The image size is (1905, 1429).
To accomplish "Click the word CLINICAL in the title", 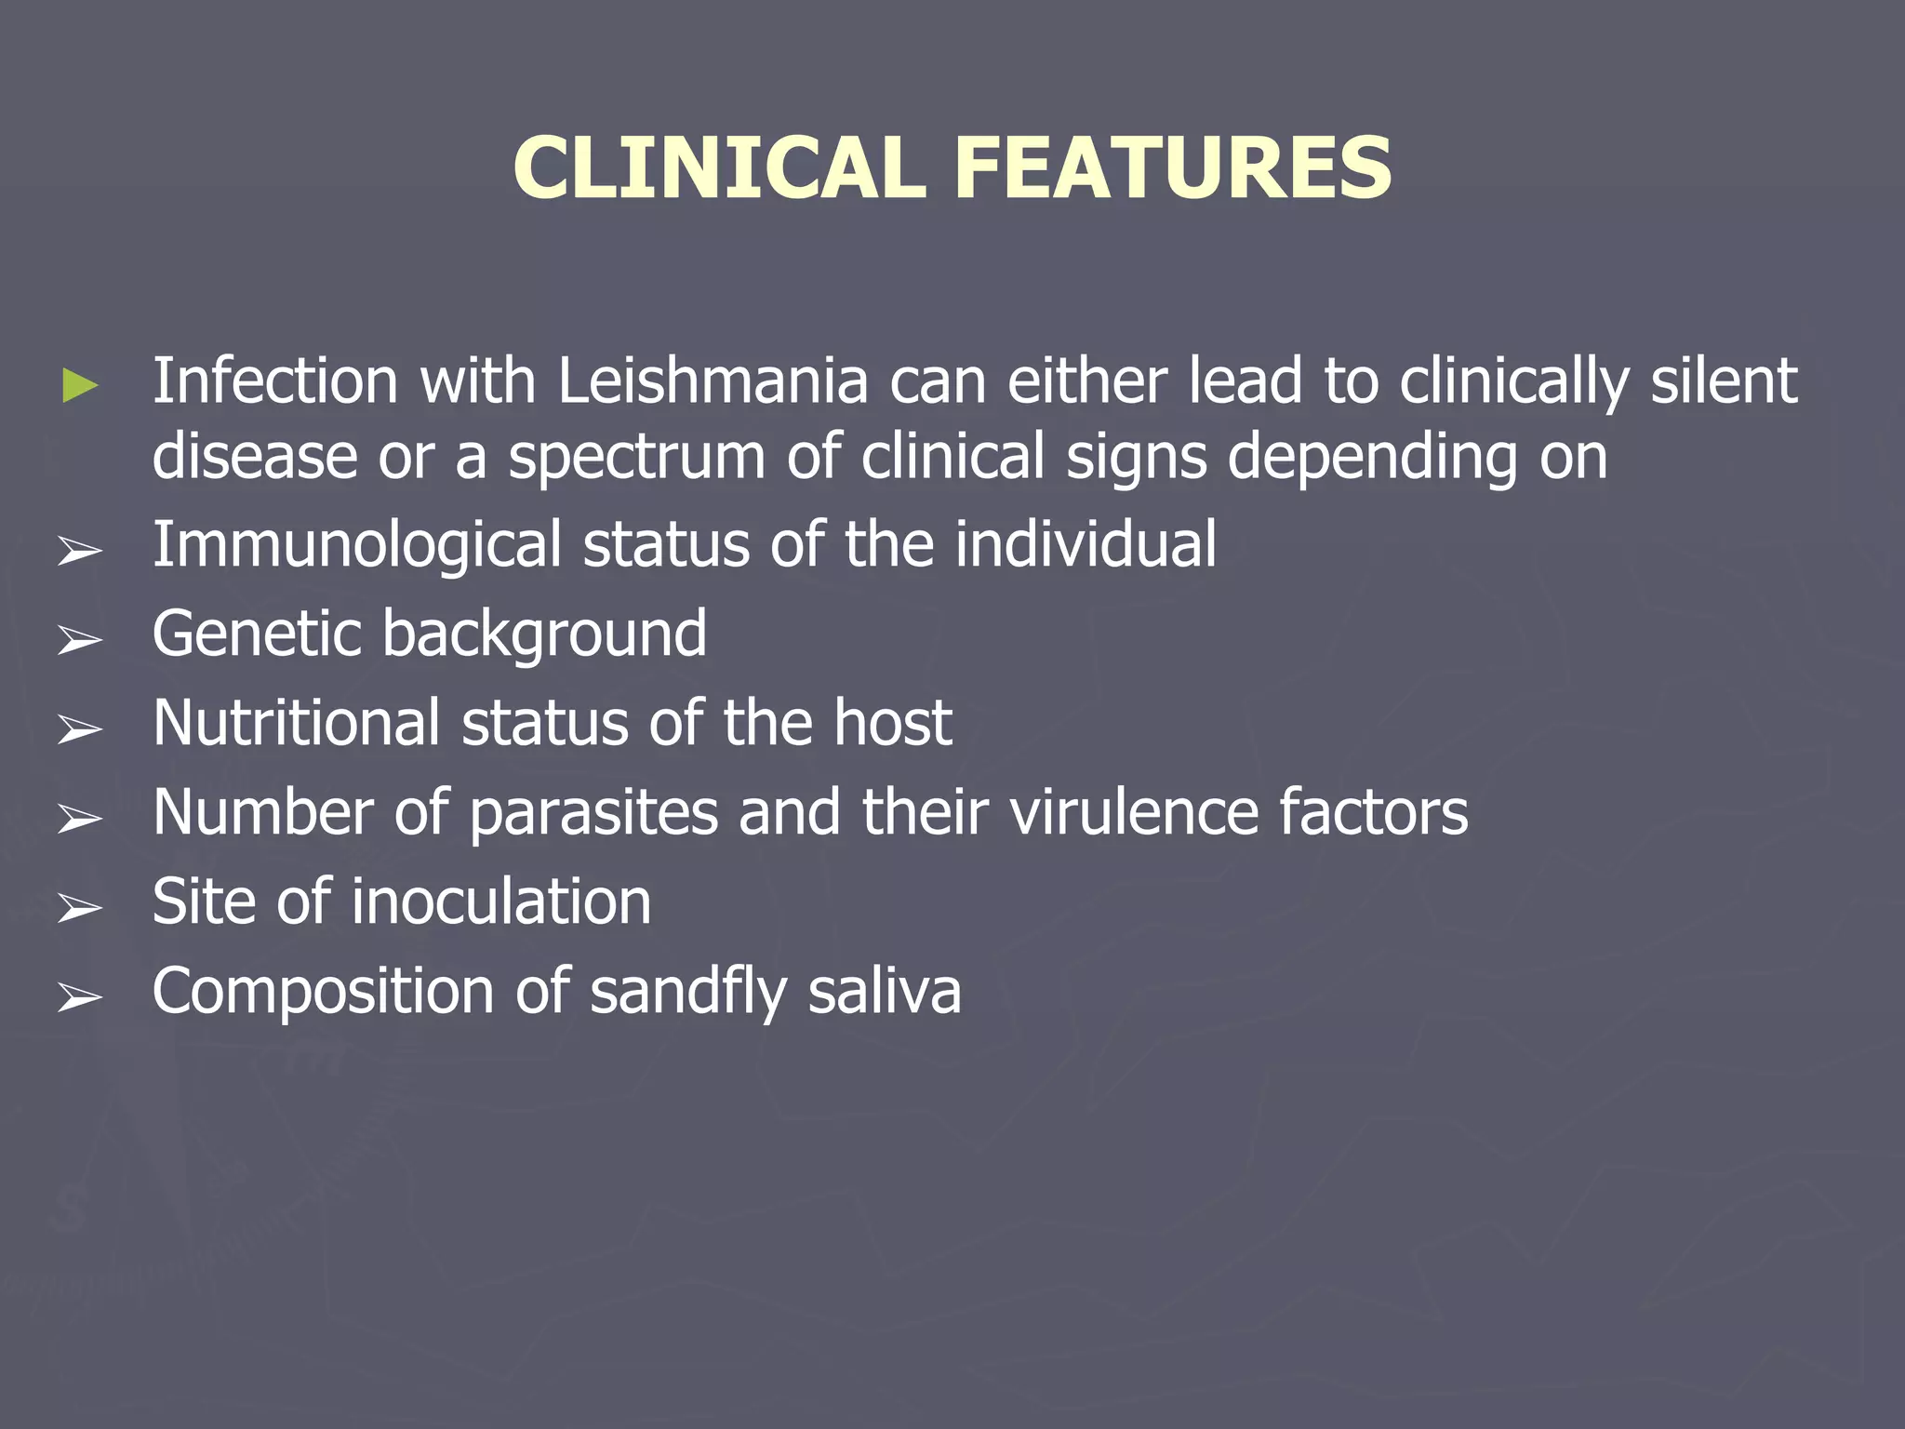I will pyautogui.click(x=719, y=167).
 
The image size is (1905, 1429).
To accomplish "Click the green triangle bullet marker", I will pyautogui.click(x=80, y=385).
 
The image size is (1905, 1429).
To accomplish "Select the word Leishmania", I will pyautogui.click(x=713, y=381).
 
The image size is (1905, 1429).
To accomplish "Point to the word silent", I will pyautogui.click(x=1724, y=381).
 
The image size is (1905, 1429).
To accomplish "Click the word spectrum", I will pyautogui.click(x=636, y=458).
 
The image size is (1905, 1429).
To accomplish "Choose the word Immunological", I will pyautogui.click(x=356, y=547).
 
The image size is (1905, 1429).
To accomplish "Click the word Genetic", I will pyautogui.click(x=257, y=634).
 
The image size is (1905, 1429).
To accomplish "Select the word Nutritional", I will pyautogui.click(x=296, y=723).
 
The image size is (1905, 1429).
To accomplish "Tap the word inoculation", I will pyautogui.click(x=501, y=901).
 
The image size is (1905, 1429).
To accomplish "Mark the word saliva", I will pyautogui.click(x=885, y=992).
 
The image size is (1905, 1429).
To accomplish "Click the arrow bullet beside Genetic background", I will pyautogui.click(x=80, y=640).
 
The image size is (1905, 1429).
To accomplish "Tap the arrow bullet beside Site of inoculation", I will pyautogui.click(x=80, y=908).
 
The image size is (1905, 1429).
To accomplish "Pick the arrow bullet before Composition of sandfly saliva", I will pyautogui.click(x=80, y=997).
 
